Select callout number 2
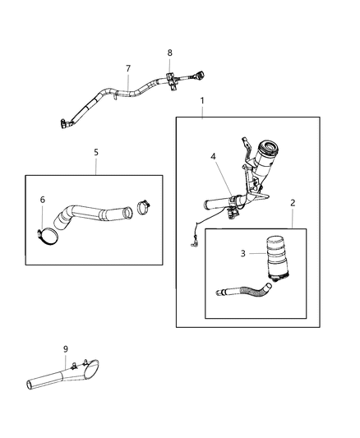pos(292,201)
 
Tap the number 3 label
pos(243,253)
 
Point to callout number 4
pos(212,155)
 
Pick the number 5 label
pos(95,152)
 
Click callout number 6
pos(43,199)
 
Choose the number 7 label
pos(127,68)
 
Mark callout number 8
pos(170,53)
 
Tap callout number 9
pos(67,348)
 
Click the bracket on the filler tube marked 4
pos(233,201)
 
